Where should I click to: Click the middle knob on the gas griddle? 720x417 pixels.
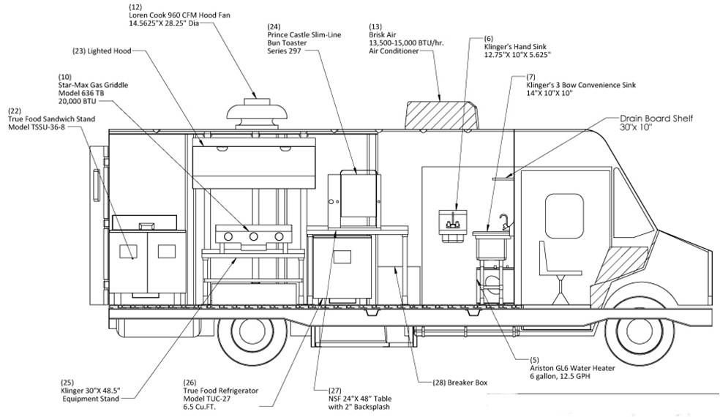[254, 236]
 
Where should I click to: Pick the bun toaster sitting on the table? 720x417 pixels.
[352, 198]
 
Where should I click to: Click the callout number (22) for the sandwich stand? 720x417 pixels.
[15, 110]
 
